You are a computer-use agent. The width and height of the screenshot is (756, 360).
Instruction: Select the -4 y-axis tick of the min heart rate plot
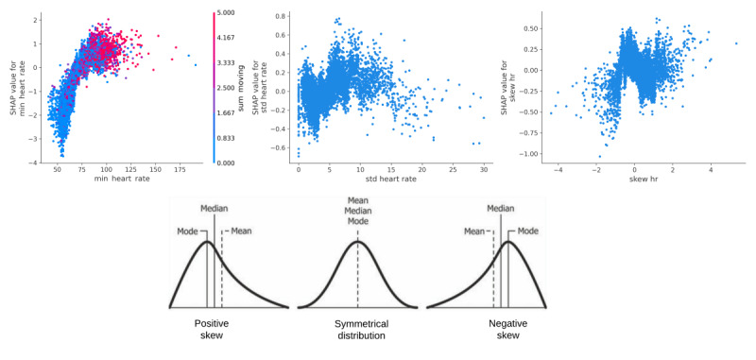[34, 163]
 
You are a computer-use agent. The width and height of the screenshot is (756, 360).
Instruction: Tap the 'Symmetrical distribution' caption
[357, 329]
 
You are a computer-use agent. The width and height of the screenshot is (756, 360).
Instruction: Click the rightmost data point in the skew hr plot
[736, 43]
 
